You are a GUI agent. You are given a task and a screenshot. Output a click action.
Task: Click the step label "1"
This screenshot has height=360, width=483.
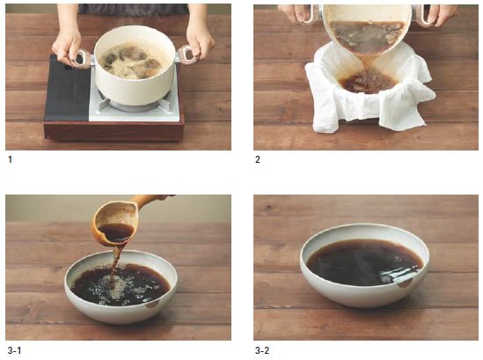tap(11, 159)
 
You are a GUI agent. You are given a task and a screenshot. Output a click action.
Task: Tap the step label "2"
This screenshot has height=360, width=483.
tap(258, 159)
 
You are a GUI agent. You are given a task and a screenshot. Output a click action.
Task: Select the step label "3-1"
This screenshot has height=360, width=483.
tap(14, 350)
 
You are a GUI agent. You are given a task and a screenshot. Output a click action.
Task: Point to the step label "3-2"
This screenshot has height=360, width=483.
tap(262, 350)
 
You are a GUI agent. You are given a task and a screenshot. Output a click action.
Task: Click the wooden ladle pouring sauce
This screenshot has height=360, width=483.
tap(117, 222)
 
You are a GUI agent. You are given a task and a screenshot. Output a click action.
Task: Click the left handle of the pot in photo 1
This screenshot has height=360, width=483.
tap(82, 58)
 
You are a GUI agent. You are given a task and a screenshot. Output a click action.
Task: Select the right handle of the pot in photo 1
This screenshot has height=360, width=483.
tap(186, 55)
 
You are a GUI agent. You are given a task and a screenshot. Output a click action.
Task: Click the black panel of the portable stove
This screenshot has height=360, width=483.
tap(67, 88)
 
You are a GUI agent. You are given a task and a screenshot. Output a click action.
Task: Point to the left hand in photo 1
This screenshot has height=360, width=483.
tap(67, 43)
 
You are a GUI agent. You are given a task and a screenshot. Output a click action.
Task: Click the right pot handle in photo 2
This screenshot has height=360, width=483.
tap(426, 16)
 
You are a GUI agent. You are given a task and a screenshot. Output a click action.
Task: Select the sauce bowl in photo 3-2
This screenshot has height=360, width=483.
tap(364, 265)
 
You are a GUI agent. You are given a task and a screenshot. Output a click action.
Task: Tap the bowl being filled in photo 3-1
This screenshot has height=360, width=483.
tap(121, 287)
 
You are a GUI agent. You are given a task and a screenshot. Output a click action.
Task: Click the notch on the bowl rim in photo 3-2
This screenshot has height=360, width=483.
tap(404, 283)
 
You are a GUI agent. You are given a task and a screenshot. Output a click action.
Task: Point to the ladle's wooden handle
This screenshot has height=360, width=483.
tap(152, 200)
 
